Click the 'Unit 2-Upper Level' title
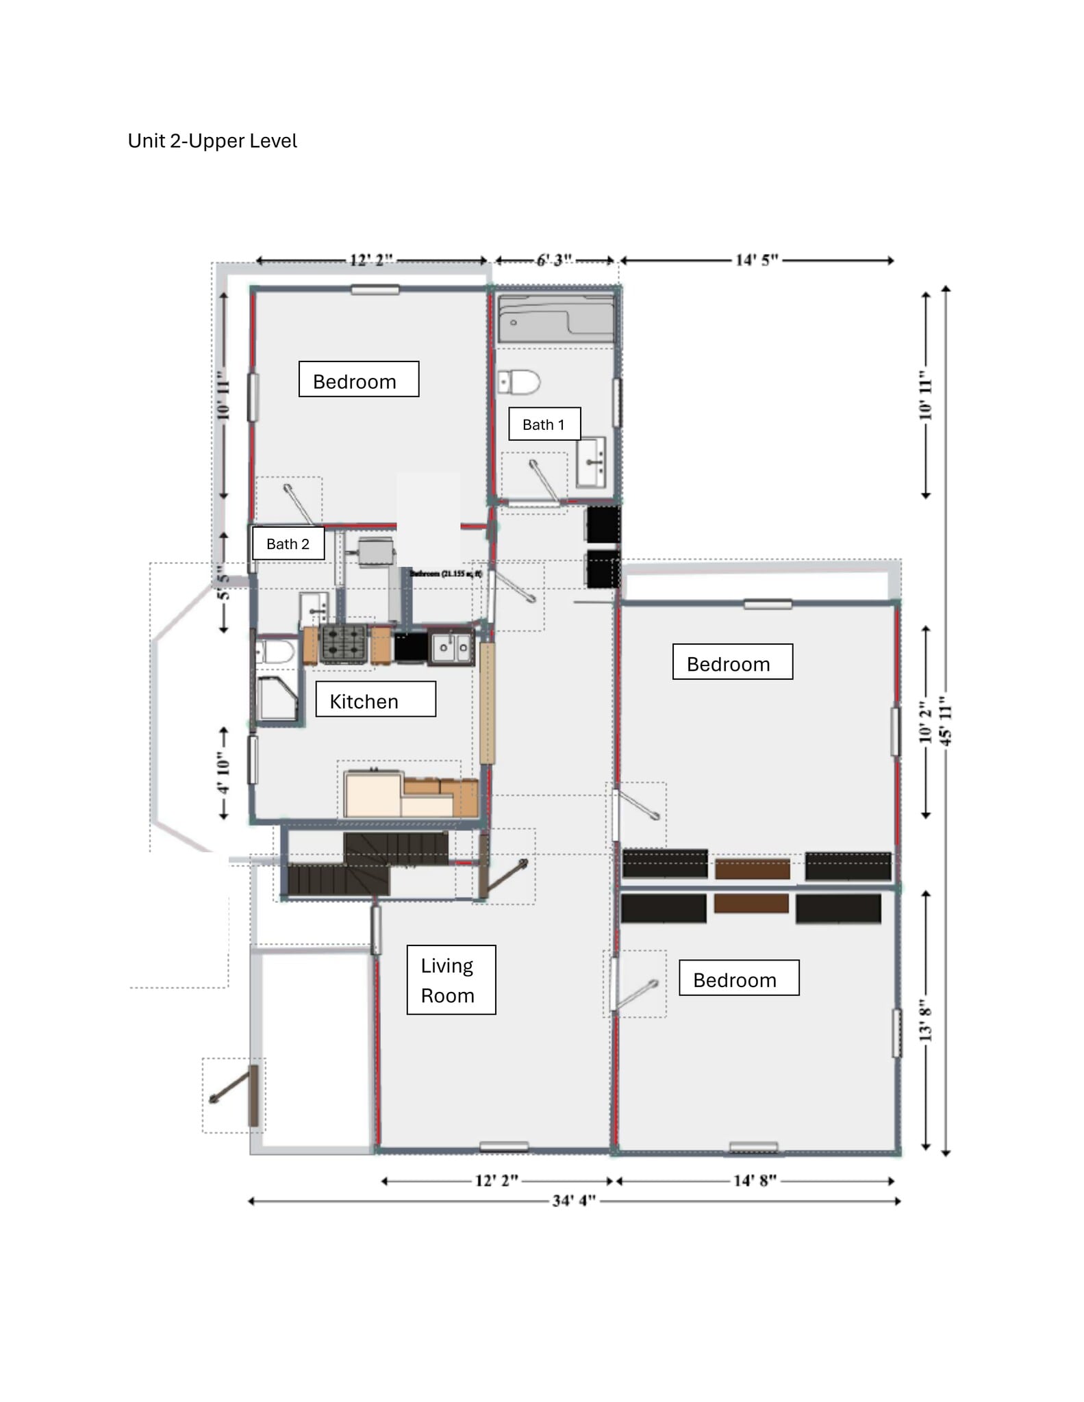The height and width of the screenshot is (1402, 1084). click(212, 141)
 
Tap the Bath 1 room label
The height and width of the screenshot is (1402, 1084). click(544, 424)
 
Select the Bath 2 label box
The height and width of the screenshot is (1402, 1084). click(288, 544)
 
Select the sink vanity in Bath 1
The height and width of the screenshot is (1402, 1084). click(591, 462)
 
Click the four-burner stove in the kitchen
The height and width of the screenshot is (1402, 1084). click(344, 644)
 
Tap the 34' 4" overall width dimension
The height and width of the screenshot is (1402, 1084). click(574, 1201)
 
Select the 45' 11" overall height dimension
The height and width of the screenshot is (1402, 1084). click(946, 720)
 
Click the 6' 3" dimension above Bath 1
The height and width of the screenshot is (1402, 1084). click(554, 260)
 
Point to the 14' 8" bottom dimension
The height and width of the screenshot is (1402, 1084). click(755, 1181)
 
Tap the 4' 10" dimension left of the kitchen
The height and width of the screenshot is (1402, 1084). click(224, 773)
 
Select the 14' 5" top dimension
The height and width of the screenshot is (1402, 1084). click(757, 260)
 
